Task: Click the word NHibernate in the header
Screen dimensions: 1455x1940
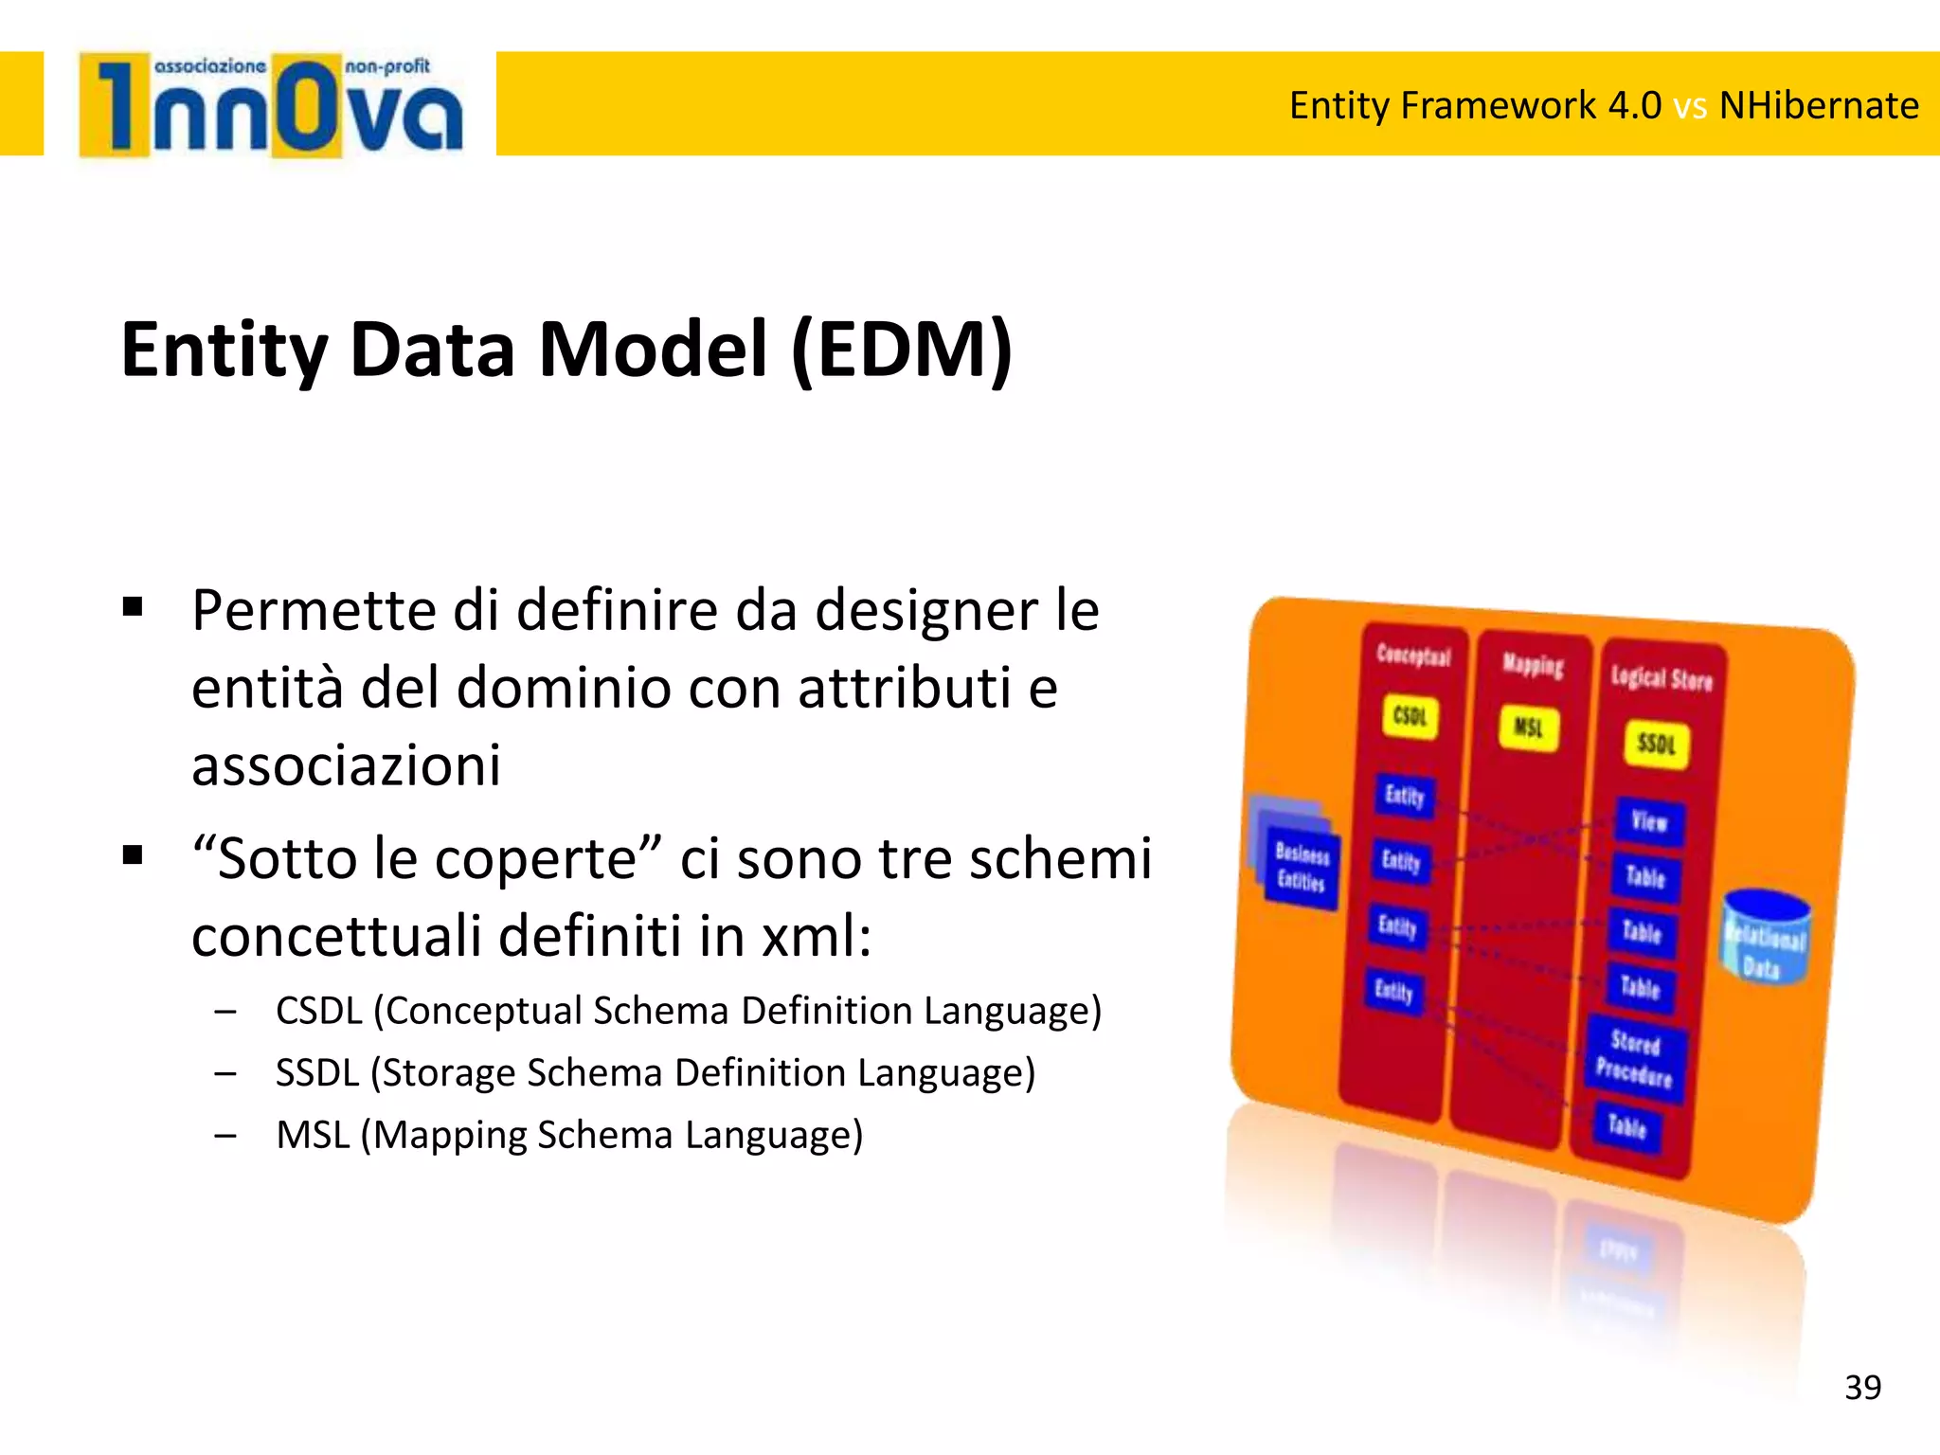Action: (x=1818, y=105)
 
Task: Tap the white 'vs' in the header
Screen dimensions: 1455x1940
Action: (x=1690, y=106)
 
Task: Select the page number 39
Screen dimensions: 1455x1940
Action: (x=1862, y=1388)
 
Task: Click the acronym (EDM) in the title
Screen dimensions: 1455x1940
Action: (x=901, y=350)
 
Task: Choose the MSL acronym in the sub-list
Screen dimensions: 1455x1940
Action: (x=313, y=1135)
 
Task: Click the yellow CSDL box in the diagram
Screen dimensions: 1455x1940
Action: (x=1410, y=716)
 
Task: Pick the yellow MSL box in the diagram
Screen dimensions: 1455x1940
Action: (x=1528, y=727)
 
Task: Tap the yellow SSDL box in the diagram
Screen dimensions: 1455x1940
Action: (x=1656, y=744)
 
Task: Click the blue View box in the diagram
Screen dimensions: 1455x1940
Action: (x=1648, y=820)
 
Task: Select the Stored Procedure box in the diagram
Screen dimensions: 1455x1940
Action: (x=1634, y=1059)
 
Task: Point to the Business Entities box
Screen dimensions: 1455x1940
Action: (x=1301, y=868)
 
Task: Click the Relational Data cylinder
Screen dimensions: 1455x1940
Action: (x=1765, y=938)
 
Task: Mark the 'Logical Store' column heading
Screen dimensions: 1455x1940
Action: (x=1662, y=678)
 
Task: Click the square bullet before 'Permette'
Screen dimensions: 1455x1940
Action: (x=133, y=607)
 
